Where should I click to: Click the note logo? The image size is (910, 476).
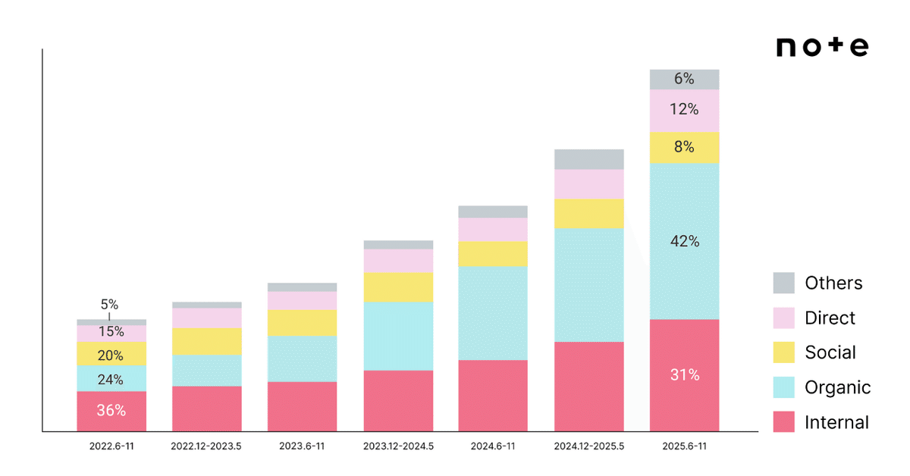[822, 46]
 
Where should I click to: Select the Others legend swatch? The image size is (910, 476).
[783, 283]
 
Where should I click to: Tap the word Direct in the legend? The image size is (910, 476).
[830, 318]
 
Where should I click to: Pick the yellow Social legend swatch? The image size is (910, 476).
[783, 352]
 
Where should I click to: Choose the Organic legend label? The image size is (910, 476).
[838, 387]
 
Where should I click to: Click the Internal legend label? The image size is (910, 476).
[837, 422]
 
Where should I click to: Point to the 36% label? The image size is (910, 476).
[111, 410]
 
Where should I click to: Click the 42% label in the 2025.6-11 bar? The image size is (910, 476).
[685, 241]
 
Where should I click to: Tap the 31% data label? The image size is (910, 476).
[685, 374]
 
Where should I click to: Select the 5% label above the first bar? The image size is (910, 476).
[109, 304]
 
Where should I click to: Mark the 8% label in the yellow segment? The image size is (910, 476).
[684, 146]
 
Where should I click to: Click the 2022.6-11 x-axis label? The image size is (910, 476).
[111, 446]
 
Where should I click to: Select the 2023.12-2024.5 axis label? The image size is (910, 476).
[398, 446]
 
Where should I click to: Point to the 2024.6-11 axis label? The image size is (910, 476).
[493, 446]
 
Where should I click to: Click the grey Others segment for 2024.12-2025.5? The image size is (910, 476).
[589, 159]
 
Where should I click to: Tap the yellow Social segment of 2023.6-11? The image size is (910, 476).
[303, 323]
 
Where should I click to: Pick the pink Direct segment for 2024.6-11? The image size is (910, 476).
[493, 230]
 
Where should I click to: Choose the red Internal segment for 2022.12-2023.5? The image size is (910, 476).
[207, 409]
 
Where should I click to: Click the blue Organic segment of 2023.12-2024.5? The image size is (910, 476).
[398, 336]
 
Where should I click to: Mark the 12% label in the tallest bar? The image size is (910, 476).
[684, 109]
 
